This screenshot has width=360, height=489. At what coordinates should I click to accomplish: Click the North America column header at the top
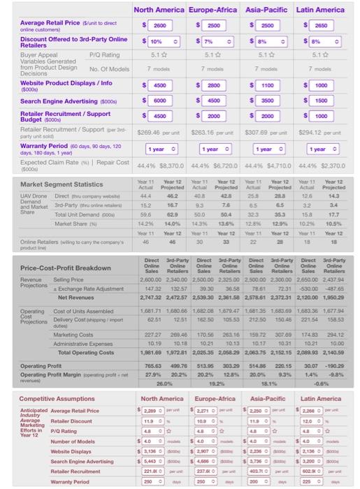point(158,10)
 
